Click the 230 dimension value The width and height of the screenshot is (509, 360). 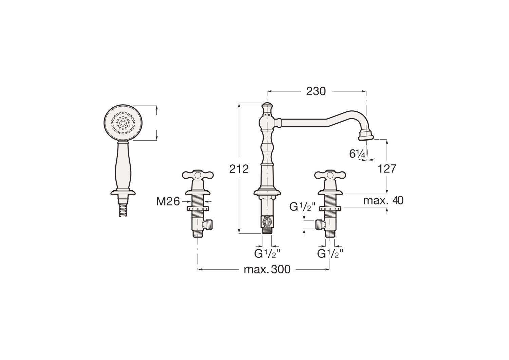tap(316, 91)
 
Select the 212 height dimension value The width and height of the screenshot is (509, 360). tap(239, 169)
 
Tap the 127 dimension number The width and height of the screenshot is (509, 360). tap(387, 169)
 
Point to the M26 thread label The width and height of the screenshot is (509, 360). tap(168, 201)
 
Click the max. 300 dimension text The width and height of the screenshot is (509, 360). tap(267, 269)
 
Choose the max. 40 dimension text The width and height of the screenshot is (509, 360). tap(383, 201)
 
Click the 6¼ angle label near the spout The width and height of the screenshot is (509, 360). tap(357, 154)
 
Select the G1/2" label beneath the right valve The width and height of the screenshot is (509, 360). tap(330, 254)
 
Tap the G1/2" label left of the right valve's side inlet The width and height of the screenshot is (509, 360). tap(302, 207)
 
